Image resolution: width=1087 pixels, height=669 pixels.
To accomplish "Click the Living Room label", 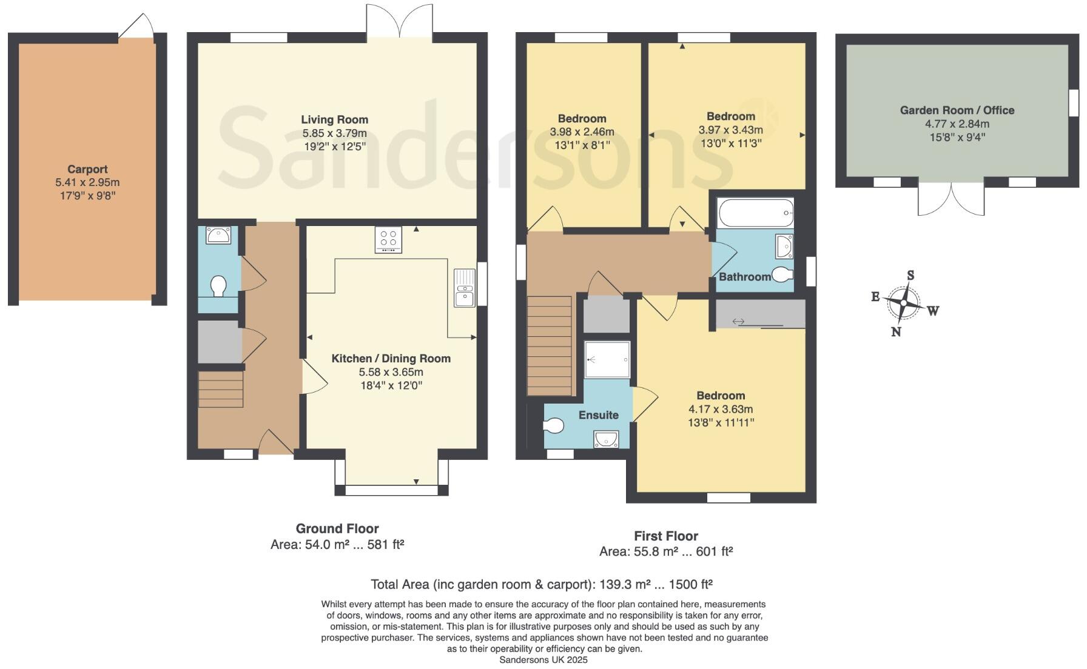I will click(334, 119).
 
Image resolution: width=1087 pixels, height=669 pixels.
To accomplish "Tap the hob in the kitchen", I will click(388, 239).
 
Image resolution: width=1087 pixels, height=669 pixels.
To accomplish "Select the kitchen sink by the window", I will click(465, 288).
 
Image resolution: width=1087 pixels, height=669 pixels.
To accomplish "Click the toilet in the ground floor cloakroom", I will click(218, 285).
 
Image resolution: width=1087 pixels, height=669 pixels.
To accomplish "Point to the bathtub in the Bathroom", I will click(755, 213).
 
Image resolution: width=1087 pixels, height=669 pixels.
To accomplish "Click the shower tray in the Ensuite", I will click(607, 359).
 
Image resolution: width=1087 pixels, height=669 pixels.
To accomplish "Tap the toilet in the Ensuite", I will click(553, 426).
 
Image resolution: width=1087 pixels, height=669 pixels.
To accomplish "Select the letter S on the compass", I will click(910, 276).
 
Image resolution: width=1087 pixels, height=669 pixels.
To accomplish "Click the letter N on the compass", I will click(895, 331).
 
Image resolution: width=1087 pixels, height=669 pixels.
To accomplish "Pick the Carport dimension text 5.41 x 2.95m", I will click(87, 182).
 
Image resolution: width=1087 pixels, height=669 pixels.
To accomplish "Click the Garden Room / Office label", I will click(957, 110).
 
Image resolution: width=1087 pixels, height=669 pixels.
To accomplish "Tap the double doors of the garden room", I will click(951, 198).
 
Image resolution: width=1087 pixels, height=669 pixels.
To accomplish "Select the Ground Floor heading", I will click(337, 528).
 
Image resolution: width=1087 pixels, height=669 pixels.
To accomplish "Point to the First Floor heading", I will click(665, 536).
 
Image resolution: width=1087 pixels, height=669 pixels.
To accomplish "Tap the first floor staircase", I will click(550, 345).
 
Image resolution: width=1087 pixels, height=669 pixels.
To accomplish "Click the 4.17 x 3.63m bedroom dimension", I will click(721, 409).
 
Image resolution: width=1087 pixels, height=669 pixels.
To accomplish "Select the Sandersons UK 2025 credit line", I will click(543, 660).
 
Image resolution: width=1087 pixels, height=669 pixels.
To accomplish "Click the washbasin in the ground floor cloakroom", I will click(218, 235).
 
